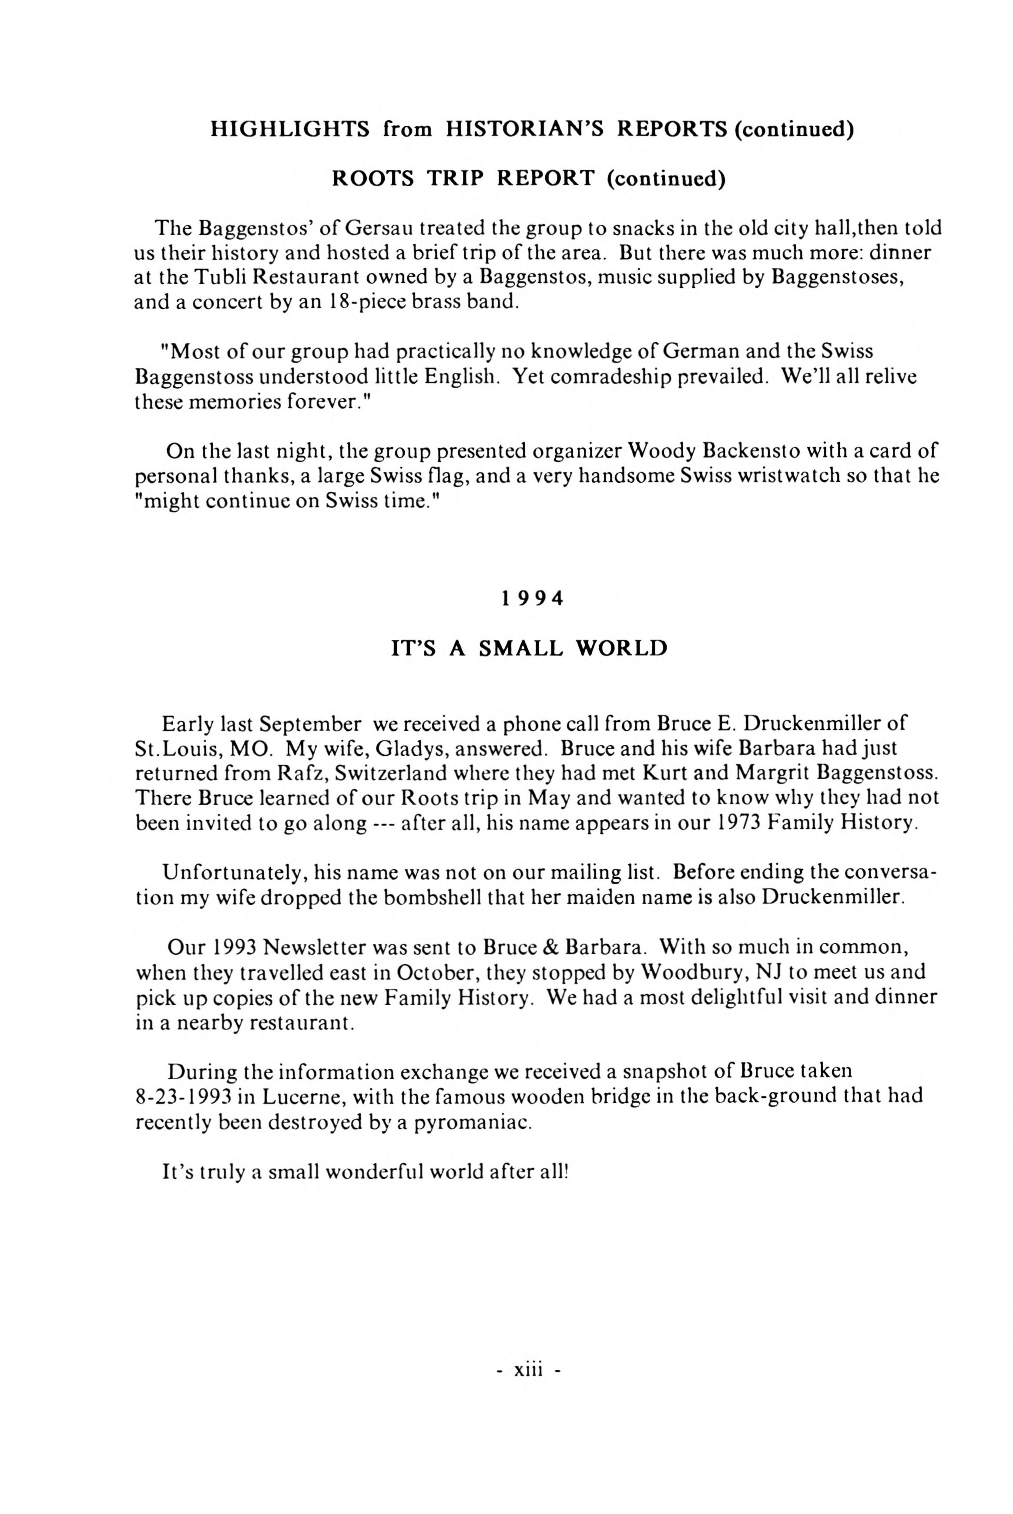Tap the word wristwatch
click(x=795, y=476)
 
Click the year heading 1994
click(x=532, y=599)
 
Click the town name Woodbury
click(x=693, y=971)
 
